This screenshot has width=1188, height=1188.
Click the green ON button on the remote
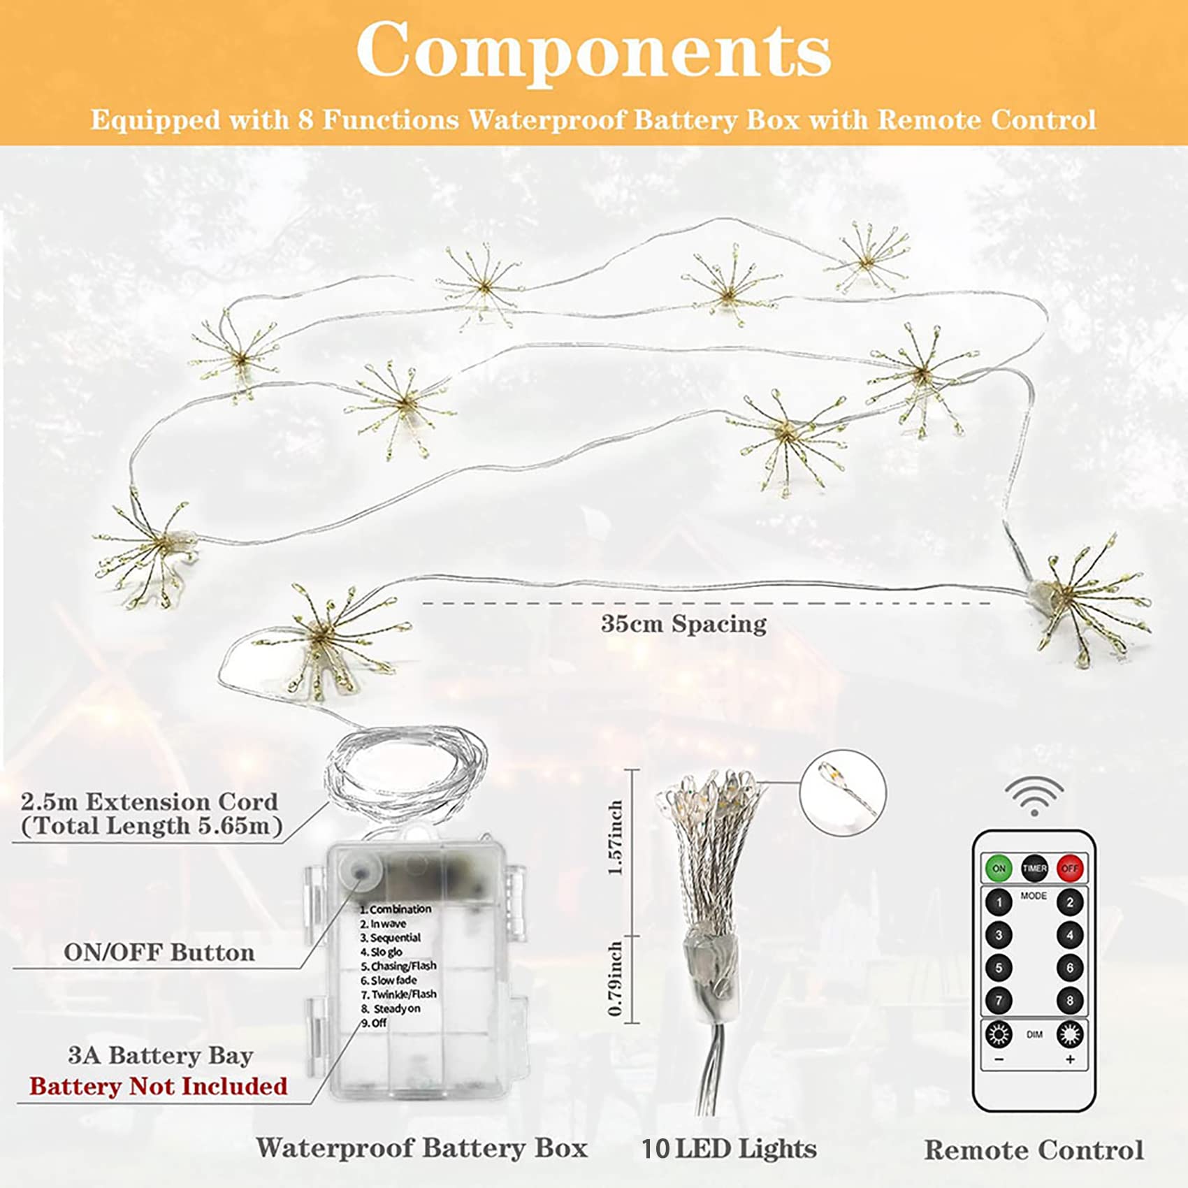(999, 869)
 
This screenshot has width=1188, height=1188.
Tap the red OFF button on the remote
(1069, 869)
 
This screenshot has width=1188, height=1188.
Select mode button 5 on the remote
(999, 968)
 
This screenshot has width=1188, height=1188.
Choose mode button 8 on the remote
(1069, 1001)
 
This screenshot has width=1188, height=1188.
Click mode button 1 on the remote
(999, 903)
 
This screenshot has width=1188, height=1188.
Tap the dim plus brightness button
(1069, 1034)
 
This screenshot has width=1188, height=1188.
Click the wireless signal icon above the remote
(1034, 796)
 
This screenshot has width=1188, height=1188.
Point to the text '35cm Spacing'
(683, 624)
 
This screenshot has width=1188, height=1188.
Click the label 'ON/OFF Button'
(159, 952)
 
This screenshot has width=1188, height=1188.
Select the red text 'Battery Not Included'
(159, 1086)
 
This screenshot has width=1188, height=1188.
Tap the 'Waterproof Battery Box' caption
(421, 1148)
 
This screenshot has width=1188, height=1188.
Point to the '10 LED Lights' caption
(729, 1149)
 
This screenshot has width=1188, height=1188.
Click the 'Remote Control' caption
(1034, 1150)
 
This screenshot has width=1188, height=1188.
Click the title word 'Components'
(593, 51)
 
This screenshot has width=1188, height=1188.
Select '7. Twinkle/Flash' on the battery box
(399, 994)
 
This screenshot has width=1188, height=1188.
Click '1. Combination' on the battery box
(396, 909)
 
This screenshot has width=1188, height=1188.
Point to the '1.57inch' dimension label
(616, 838)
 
